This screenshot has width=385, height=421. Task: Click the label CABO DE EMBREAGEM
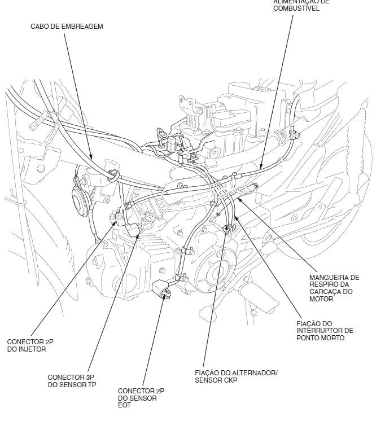67,27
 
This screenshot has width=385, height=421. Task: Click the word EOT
124,406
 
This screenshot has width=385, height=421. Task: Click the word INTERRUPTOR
325,330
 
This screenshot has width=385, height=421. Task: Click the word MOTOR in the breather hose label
322,299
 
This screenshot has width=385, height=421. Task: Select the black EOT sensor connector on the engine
165,290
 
